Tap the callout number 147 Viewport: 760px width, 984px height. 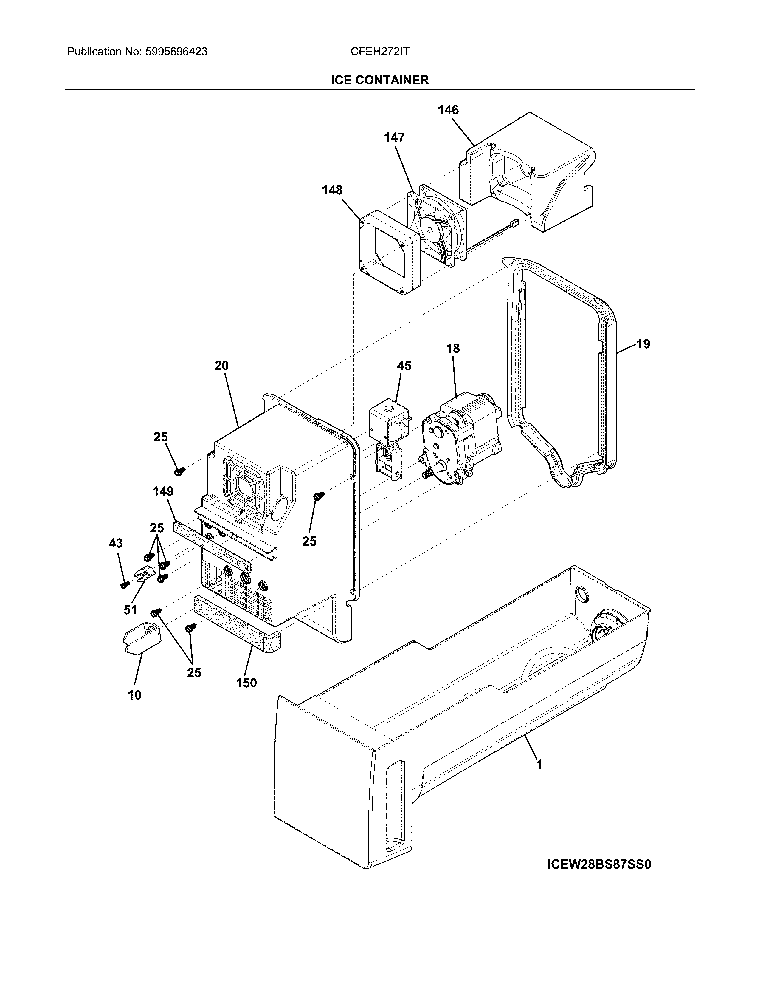(x=394, y=137)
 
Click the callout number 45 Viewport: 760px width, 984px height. (x=404, y=366)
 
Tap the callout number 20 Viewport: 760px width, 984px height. (x=221, y=366)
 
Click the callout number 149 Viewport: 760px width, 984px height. (x=163, y=491)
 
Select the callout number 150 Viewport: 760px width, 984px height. (x=246, y=683)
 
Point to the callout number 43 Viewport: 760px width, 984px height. (x=116, y=543)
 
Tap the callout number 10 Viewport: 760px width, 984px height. (x=135, y=695)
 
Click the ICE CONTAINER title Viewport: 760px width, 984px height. (x=379, y=80)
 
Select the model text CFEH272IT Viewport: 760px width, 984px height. (x=379, y=52)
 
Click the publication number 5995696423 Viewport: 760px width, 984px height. (x=176, y=52)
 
